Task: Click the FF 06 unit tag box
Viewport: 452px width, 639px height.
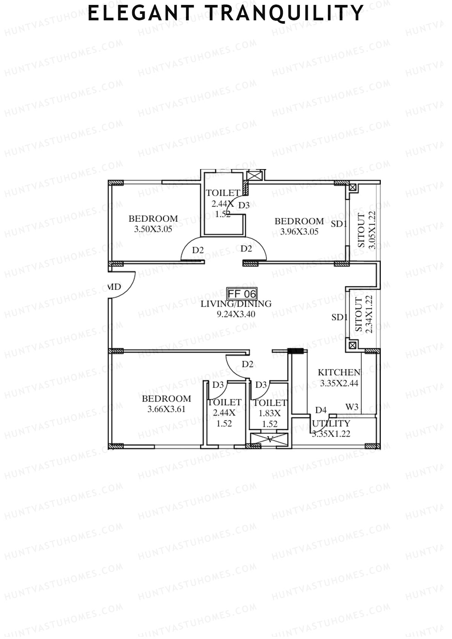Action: click(x=242, y=293)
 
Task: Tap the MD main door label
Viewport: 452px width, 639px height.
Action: click(x=115, y=287)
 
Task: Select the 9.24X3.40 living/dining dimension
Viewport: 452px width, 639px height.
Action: click(x=236, y=314)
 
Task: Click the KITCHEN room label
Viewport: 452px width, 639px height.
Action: click(x=339, y=372)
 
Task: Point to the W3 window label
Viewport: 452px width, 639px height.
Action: click(x=352, y=407)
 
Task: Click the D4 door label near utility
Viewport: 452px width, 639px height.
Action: click(x=321, y=410)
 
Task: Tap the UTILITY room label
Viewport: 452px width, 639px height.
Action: click(x=331, y=423)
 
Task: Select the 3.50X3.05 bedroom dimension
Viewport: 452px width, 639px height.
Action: click(x=153, y=229)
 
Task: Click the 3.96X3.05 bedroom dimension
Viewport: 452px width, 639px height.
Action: click(x=299, y=232)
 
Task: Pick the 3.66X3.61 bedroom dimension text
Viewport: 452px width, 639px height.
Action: click(x=166, y=409)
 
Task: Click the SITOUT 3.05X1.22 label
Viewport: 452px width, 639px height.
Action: click(x=366, y=230)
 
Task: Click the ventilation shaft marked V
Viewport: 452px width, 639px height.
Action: click(x=269, y=439)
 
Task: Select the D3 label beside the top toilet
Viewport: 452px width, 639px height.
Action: click(x=244, y=205)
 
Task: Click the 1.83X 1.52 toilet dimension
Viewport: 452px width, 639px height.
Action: click(x=270, y=418)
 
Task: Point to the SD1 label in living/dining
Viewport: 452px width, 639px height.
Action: click(x=339, y=317)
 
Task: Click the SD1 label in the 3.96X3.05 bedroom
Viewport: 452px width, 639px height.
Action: click(x=339, y=224)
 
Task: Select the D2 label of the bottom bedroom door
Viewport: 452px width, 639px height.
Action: click(x=247, y=364)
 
